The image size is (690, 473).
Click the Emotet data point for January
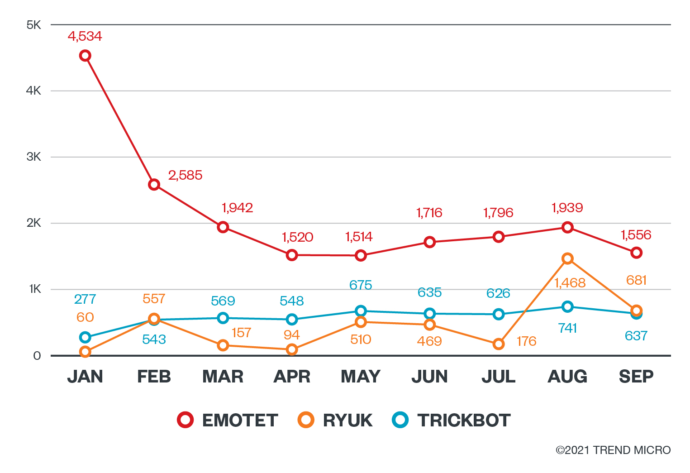[85, 56]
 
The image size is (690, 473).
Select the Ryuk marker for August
[567, 258]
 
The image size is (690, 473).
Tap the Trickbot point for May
[361, 311]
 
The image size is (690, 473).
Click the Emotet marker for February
[154, 185]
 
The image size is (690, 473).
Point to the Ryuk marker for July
[499, 344]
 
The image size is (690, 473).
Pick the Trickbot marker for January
[85, 337]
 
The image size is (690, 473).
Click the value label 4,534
[85, 36]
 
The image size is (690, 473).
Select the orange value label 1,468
[570, 283]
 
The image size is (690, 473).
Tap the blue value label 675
[361, 285]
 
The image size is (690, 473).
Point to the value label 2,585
[185, 175]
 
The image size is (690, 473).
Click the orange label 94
[292, 335]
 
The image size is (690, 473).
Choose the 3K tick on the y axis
[34, 157]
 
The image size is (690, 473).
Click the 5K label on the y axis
[34, 25]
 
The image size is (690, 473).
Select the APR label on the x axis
[292, 377]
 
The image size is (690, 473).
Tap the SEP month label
[636, 377]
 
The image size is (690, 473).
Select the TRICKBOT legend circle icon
[400, 420]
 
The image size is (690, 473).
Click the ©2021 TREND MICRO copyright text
[613, 450]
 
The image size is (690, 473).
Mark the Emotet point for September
[636, 253]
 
